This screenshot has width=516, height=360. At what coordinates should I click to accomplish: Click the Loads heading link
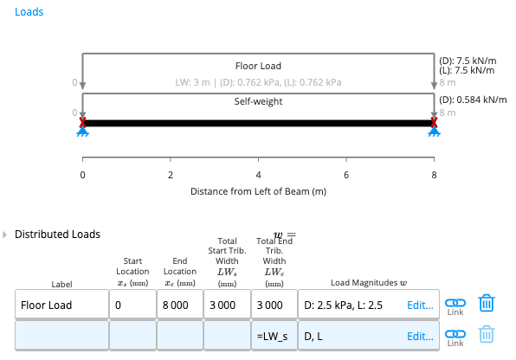click(x=29, y=12)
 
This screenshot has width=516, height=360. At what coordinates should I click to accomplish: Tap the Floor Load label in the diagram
click(x=258, y=66)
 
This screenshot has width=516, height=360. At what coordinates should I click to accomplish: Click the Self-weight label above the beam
click(x=258, y=101)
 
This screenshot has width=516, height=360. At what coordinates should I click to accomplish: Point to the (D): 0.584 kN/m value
click(x=473, y=100)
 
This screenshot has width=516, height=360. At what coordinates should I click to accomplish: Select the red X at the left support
click(x=82, y=122)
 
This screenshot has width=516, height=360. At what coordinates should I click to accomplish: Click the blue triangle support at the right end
click(x=434, y=132)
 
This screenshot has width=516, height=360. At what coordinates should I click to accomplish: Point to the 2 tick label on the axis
click(x=171, y=175)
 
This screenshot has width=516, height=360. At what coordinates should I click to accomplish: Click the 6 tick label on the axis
click(x=346, y=175)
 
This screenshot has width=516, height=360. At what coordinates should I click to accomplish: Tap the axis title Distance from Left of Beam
click(x=258, y=191)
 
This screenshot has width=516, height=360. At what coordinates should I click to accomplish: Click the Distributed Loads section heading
click(x=57, y=235)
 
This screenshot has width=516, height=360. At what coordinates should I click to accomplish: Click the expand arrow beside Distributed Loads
click(x=4, y=235)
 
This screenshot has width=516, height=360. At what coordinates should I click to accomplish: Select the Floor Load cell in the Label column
click(x=61, y=305)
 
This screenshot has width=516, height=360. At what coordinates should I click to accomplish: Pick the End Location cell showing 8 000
click(x=180, y=305)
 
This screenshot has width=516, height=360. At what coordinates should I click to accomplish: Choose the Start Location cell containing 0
click(x=132, y=305)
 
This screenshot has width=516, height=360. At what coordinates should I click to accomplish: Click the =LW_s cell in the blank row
click(x=274, y=336)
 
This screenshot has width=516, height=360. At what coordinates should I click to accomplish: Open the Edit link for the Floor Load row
click(x=420, y=305)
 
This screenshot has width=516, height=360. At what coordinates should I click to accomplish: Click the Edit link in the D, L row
click(x=420, y=337)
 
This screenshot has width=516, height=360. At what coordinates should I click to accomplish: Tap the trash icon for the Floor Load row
click(x=487, y=303)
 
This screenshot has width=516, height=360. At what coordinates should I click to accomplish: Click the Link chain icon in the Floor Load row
click(x=455, y=303)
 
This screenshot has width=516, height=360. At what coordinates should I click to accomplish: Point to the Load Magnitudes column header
click(x=369, y=283)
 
